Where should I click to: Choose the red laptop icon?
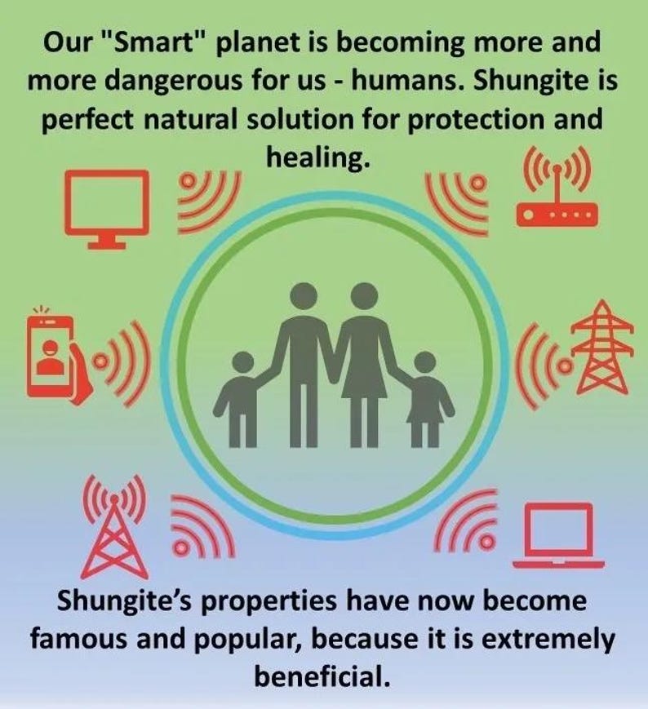[559, 534]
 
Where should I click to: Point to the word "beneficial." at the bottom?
[324, 676]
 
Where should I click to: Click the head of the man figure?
[303, 295]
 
